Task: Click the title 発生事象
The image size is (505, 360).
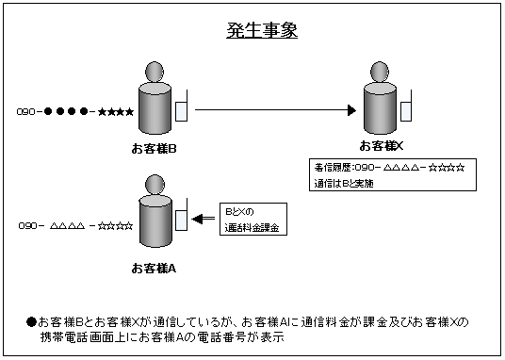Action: click(262, 30)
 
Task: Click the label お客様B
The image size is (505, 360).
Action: click(155, 149)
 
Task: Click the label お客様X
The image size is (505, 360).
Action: click(381, 145)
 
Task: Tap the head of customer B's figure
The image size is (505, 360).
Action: click(155, 74)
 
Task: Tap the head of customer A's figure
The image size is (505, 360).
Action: click(155, 189)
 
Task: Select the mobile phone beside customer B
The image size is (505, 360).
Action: click(181, 109)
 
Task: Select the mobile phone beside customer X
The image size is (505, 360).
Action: click(406, 107)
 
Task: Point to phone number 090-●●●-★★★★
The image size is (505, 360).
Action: click(75, 112)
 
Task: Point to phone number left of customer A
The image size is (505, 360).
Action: click(75, 226)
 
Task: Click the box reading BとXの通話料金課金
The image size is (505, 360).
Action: click(253, 220)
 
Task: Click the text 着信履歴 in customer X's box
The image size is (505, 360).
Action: click(333, 168)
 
